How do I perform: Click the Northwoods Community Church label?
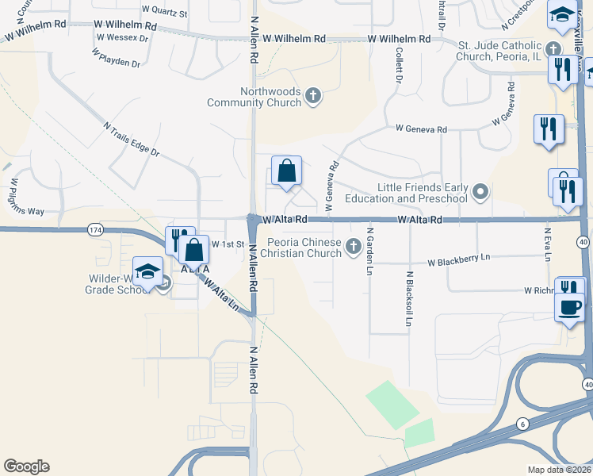point(254,97)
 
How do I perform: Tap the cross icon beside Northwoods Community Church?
point(313,97)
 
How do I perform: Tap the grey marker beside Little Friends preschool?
point(480,192)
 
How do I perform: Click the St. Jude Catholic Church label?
point(499,52)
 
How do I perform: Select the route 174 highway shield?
point(95,229)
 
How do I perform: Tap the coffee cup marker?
point(570,306)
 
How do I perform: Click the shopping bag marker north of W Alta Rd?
point(286,171)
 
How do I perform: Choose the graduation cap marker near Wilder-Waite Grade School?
point(148,271)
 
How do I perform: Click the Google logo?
point(26,466)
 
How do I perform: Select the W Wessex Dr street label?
point(122,37)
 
